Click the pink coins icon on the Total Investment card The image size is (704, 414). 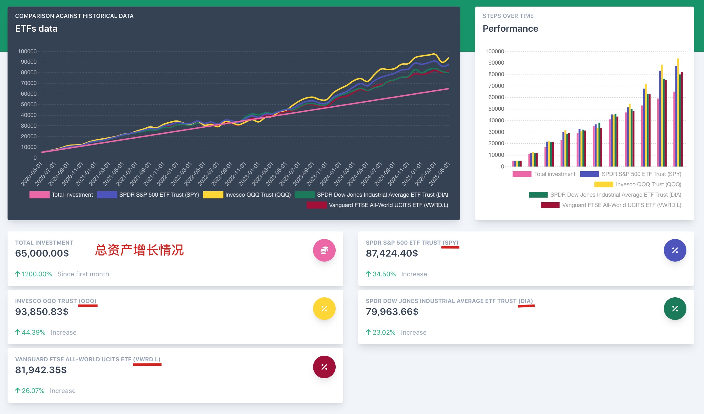[x=324, y=250]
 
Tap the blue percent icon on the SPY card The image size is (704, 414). [x=675, y=250]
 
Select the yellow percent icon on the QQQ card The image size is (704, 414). [x=324, y=309]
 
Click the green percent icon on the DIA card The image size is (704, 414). [x=675, y=309]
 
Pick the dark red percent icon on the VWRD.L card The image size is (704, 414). [x=324, y=367]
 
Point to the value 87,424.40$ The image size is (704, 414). [x=392, y=253]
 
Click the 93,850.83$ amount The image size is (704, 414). [x=42, y=312]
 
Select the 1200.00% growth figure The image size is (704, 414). [x=36, y=274]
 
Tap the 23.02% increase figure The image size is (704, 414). [x=384, y=332]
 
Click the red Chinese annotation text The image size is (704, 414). [x=139, y=250]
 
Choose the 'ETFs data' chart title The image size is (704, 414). [x=36, y=29]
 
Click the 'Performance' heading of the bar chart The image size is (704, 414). [x=510, y=29]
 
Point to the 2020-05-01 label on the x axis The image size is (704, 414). [x=32, y=174]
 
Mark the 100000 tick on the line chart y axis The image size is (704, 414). [x=27, y=51]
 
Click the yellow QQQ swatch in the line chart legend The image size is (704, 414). [x=213, y=195]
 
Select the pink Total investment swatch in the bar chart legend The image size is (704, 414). [x=522, y=174]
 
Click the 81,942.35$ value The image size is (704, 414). [x=41, y=370]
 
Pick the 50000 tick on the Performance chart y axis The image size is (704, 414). [x=496, y=109]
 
